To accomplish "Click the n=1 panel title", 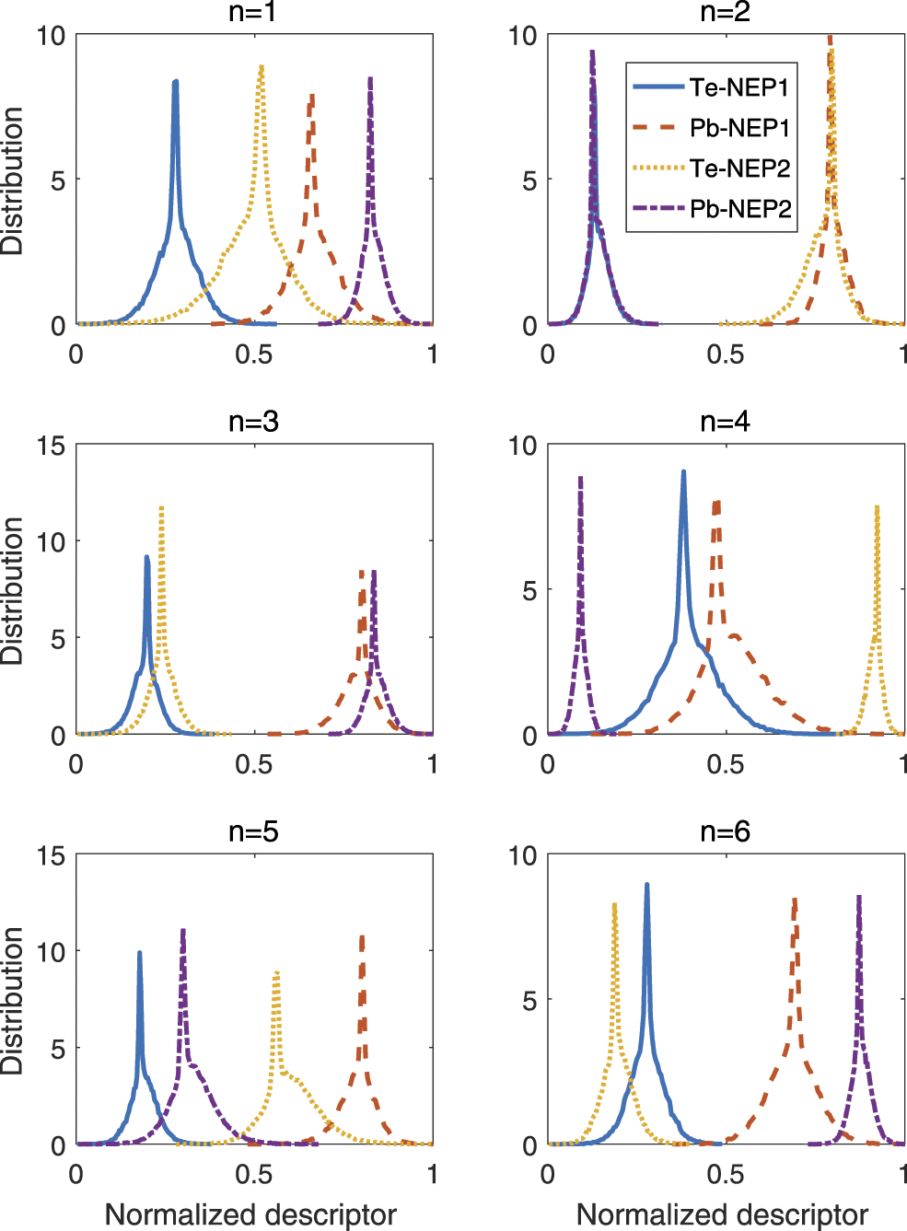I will [x=253, y=12].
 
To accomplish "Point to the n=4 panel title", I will [x=725, y=422].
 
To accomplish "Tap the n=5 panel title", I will [x=253, y=831].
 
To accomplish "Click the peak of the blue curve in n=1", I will [x=175, y=82].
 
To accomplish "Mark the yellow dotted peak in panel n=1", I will [x=262, y=67].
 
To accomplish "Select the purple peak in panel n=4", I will [x=580, y=478].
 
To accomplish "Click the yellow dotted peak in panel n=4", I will [x=877, y=507].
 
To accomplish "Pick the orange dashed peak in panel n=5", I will [x=362, y=937].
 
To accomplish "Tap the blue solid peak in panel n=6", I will [x=646, y=885].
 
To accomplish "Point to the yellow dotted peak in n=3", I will [x=161, y=507].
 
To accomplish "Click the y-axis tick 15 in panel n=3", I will [x=52, y=447].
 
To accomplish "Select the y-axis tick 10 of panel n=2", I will [x=522, y=36].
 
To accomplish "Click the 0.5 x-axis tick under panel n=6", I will [x=725, y=1174].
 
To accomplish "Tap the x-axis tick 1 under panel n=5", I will [x=432, y=1174].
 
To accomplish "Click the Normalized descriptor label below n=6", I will [x=722, y=1214].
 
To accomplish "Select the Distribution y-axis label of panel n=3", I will [x=12, y=590].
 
